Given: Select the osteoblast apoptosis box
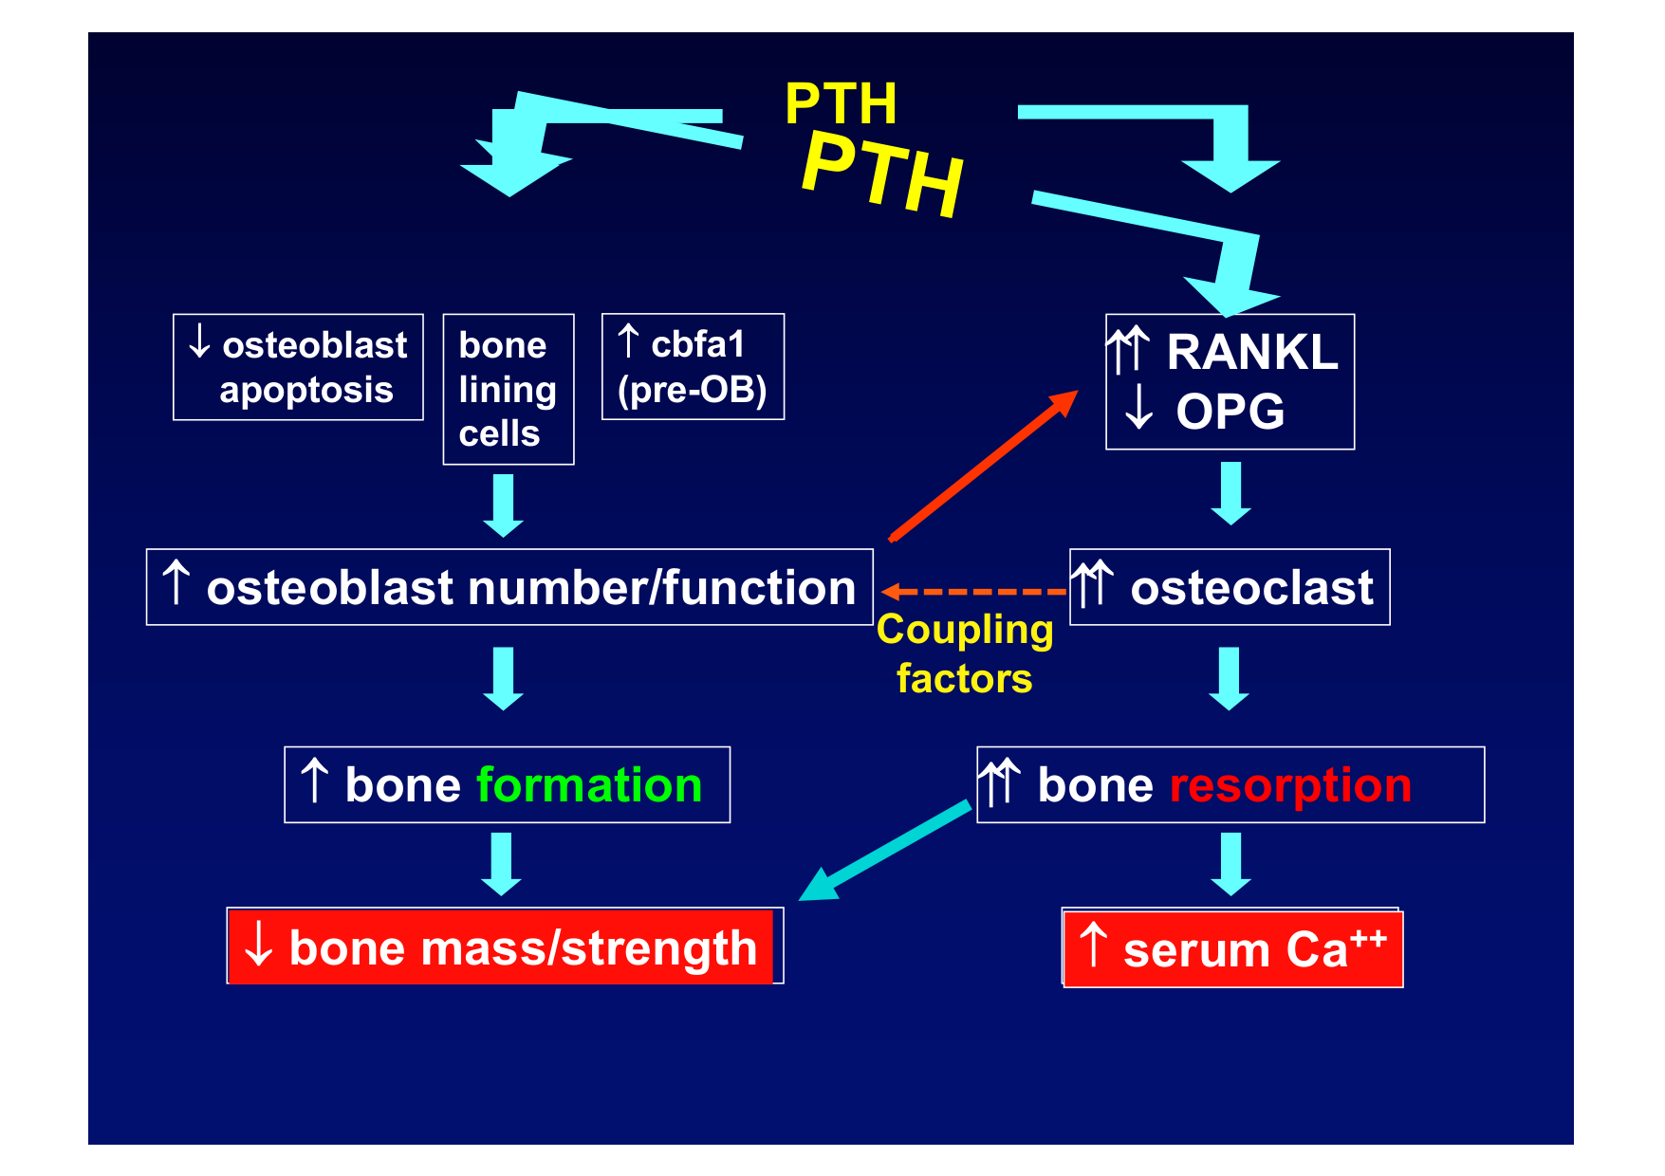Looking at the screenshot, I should tap(298, 367).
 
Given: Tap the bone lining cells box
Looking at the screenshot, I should tap(509, 389).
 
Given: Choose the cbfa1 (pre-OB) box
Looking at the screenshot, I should tap(693, 367).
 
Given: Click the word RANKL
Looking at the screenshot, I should tap(1251, 352).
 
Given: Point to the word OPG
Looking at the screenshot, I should tap(1230, 412).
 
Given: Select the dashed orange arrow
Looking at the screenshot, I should tap(972, 592).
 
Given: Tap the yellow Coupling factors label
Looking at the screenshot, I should tap(965, 654).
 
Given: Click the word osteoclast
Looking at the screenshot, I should tap(1251, 588).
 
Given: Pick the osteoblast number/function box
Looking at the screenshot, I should tap(509, 587).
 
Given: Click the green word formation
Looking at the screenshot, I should tap(589, 785).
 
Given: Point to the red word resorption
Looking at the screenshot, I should tap(1290, 785).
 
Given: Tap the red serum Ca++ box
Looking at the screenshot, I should tap(1232, 949).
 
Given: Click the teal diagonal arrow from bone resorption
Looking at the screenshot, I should tap(885, 851).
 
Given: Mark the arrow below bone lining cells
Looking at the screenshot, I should tap(503, 505).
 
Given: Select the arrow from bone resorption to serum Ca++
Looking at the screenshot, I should tap(1230, 864).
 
